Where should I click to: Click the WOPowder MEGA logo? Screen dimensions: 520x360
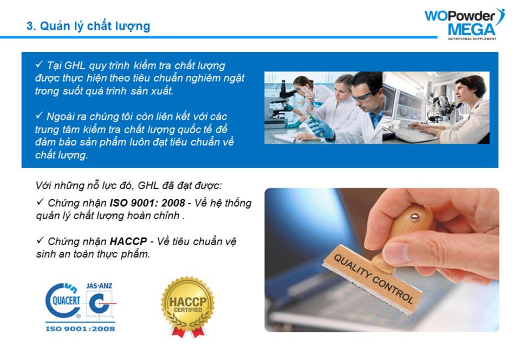pos(465,24)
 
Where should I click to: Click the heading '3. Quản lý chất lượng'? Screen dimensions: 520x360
pos(88,26)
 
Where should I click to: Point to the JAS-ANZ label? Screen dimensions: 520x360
pos(99,286)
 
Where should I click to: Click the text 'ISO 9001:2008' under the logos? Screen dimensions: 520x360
pos(80,329)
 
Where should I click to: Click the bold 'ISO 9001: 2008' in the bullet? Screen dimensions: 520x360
pos(147,203)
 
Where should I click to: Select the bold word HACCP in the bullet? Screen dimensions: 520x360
pos(128,241)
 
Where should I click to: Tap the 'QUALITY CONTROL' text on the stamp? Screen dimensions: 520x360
pos(374,279)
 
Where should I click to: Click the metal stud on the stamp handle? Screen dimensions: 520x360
pos(414,217)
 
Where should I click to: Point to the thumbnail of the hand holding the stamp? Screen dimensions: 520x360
pos(382,260)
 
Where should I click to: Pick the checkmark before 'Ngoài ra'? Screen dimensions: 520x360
pos(39,115)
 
